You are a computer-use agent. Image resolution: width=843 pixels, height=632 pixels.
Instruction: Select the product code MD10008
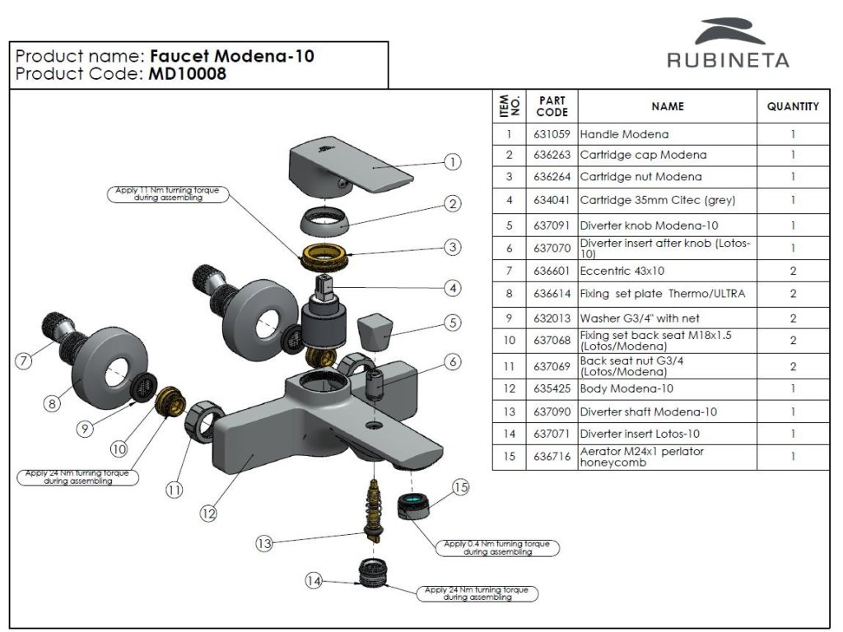[x=187, y=74]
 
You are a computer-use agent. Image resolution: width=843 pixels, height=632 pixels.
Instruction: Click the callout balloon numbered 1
[x=452, y=162]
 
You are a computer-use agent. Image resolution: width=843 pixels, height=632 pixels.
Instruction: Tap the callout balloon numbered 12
[x=207, y=513]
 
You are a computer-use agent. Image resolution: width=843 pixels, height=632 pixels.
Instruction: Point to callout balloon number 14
[x=314, y=581]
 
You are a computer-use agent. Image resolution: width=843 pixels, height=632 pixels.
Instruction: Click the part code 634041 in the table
[x=551, y=200]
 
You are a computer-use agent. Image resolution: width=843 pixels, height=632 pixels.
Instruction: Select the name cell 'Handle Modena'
[x=625, y=134]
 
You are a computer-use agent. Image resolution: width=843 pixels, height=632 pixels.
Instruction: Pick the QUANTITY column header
[x=793, y=106]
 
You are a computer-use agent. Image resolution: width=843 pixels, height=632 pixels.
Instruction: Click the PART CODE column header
[x=552, y=106]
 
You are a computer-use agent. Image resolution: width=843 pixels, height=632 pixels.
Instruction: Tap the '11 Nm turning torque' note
[x=167, y=194]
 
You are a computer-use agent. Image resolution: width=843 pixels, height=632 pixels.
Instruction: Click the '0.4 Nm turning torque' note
[x=497, y=548]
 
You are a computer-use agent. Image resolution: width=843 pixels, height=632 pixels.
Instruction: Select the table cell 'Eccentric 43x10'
[x=623, y=271]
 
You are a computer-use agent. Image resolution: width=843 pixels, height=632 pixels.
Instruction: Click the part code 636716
[x=551, y=457]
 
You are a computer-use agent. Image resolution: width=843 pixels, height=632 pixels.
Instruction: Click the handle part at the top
[x=346, y=169]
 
